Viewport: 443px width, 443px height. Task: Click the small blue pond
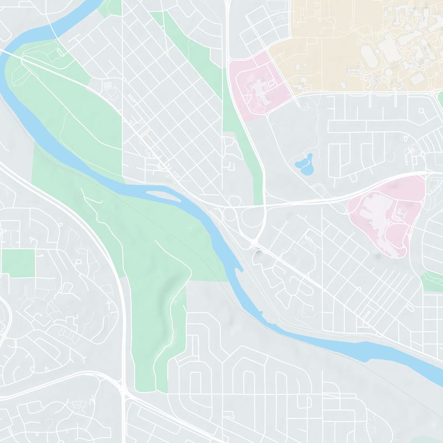tap(303, 163)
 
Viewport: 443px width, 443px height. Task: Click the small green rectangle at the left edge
tap(18, 262)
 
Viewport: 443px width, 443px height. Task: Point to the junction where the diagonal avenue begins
tap(256, 244)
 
